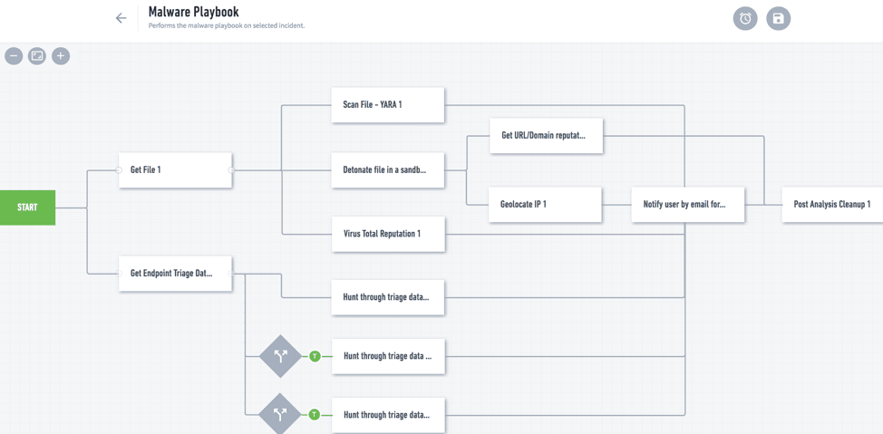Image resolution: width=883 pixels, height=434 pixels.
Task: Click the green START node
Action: (x=27, y=207)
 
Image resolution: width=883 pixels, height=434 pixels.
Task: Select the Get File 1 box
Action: (x=175, y=170)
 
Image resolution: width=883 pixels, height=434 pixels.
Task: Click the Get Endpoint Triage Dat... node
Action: (x=175, y=273)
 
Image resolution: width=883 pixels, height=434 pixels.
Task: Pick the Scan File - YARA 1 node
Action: (x=387, y=105)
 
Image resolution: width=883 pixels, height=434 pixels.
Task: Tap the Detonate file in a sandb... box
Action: (x=387, y=170)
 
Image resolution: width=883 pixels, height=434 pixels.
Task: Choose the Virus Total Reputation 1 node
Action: (x=387, y=234)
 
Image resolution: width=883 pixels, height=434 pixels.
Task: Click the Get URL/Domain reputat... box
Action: (x=546, y=136)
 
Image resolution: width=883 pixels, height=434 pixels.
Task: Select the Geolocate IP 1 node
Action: (x=545, y=205)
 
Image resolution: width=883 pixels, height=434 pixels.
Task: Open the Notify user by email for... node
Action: (x=687, y=205)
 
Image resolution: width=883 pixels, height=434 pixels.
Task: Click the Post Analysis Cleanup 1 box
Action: (x=831, y=205)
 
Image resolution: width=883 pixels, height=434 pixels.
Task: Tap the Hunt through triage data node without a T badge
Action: (x=387, y=297)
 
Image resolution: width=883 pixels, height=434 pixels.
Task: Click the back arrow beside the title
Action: (x=121, y=18)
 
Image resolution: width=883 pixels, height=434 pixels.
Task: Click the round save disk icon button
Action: (x=778, y=18)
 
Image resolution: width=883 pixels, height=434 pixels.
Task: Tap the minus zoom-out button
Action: (x=14, y=56)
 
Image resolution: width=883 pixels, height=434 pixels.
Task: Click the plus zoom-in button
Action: (x=61, y=56)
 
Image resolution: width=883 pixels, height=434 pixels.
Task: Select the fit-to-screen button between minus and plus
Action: (x=37, y=56)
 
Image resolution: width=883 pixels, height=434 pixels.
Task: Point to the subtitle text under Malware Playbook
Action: (x=227, y=26)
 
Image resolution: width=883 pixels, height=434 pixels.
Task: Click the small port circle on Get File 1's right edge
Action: (x=232, y=170)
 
